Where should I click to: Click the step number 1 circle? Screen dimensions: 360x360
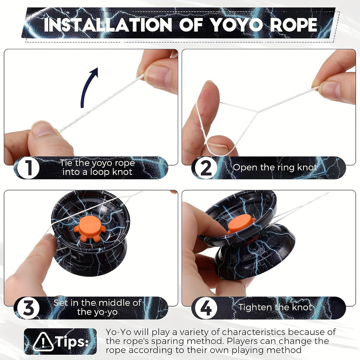coord(28,168)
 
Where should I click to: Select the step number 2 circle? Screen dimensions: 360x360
coord(206,168)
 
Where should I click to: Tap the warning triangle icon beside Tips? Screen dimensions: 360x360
coord(43,341)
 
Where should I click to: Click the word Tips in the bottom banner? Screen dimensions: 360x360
coord(71,341)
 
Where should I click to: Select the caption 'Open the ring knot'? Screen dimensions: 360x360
coord(275,168)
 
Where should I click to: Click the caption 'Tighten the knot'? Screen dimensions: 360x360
coord(275,307)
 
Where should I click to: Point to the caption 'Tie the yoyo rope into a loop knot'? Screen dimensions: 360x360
coord(97,168)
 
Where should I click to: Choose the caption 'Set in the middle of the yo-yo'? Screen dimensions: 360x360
coord(97,307)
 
